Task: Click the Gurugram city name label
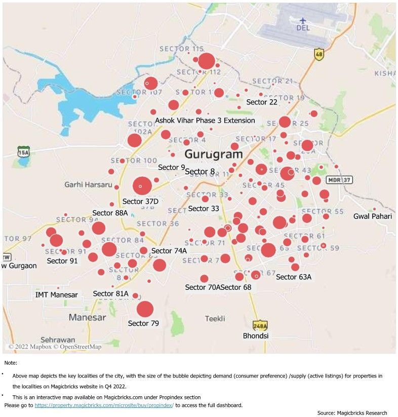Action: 213,154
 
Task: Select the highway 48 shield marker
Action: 319,54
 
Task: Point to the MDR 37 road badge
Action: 339,180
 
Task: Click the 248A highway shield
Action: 260,325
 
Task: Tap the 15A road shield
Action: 23,151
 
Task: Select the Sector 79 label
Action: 143,323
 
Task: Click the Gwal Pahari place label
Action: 373,216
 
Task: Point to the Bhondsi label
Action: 256,336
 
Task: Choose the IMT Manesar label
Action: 57,294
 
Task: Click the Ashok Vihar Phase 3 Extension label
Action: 205,121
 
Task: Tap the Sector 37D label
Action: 140,202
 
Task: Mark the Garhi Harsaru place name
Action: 88,184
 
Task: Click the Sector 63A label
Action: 294,277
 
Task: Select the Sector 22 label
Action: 262,102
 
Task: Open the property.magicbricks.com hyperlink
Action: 104,405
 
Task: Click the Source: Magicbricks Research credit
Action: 352,413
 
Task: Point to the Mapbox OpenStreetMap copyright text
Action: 55,347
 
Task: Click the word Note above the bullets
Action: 10,363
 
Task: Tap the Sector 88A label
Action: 110,213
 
